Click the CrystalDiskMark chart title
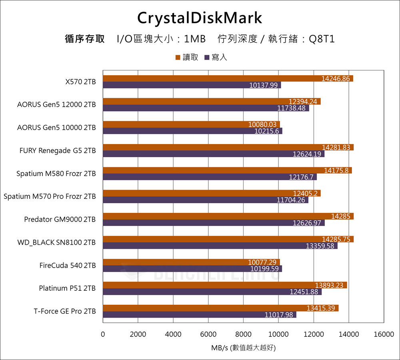200,18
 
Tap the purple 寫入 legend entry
216,58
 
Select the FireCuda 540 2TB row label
68,265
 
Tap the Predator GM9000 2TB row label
60,219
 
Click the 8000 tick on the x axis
243,334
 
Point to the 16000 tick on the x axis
384,334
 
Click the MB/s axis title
243,348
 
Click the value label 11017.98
280,315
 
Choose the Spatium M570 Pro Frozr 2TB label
50,196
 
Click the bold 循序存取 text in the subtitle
85,39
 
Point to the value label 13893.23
330,285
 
